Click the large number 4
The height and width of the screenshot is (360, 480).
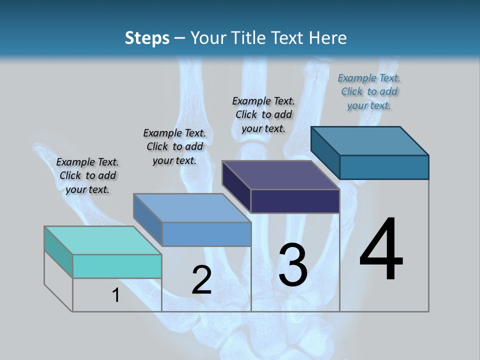(x=381, y=250)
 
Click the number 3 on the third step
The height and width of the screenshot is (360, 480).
(x=293, y=265)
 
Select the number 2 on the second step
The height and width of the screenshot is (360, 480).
(x=201, y=280)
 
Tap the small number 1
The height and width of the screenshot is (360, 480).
(x=116, y=295)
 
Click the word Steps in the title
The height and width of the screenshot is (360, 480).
(x=147, y=38)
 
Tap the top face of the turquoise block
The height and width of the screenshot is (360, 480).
(x=102, y=240)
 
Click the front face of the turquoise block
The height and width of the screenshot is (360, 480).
(x=117, y=266)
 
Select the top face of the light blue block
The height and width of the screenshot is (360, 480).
(x=192, y=208)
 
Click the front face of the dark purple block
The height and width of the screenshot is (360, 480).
(x=295, y=201)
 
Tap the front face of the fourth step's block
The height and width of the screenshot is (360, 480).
(x=384, y=167)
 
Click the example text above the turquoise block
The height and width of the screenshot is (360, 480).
(x=87, y=175)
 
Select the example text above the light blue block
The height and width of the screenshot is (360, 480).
(x=174, y=146)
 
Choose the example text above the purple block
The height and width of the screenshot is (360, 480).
(x=263, y=114)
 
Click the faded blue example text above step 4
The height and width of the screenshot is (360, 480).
(x=369, y=91)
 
